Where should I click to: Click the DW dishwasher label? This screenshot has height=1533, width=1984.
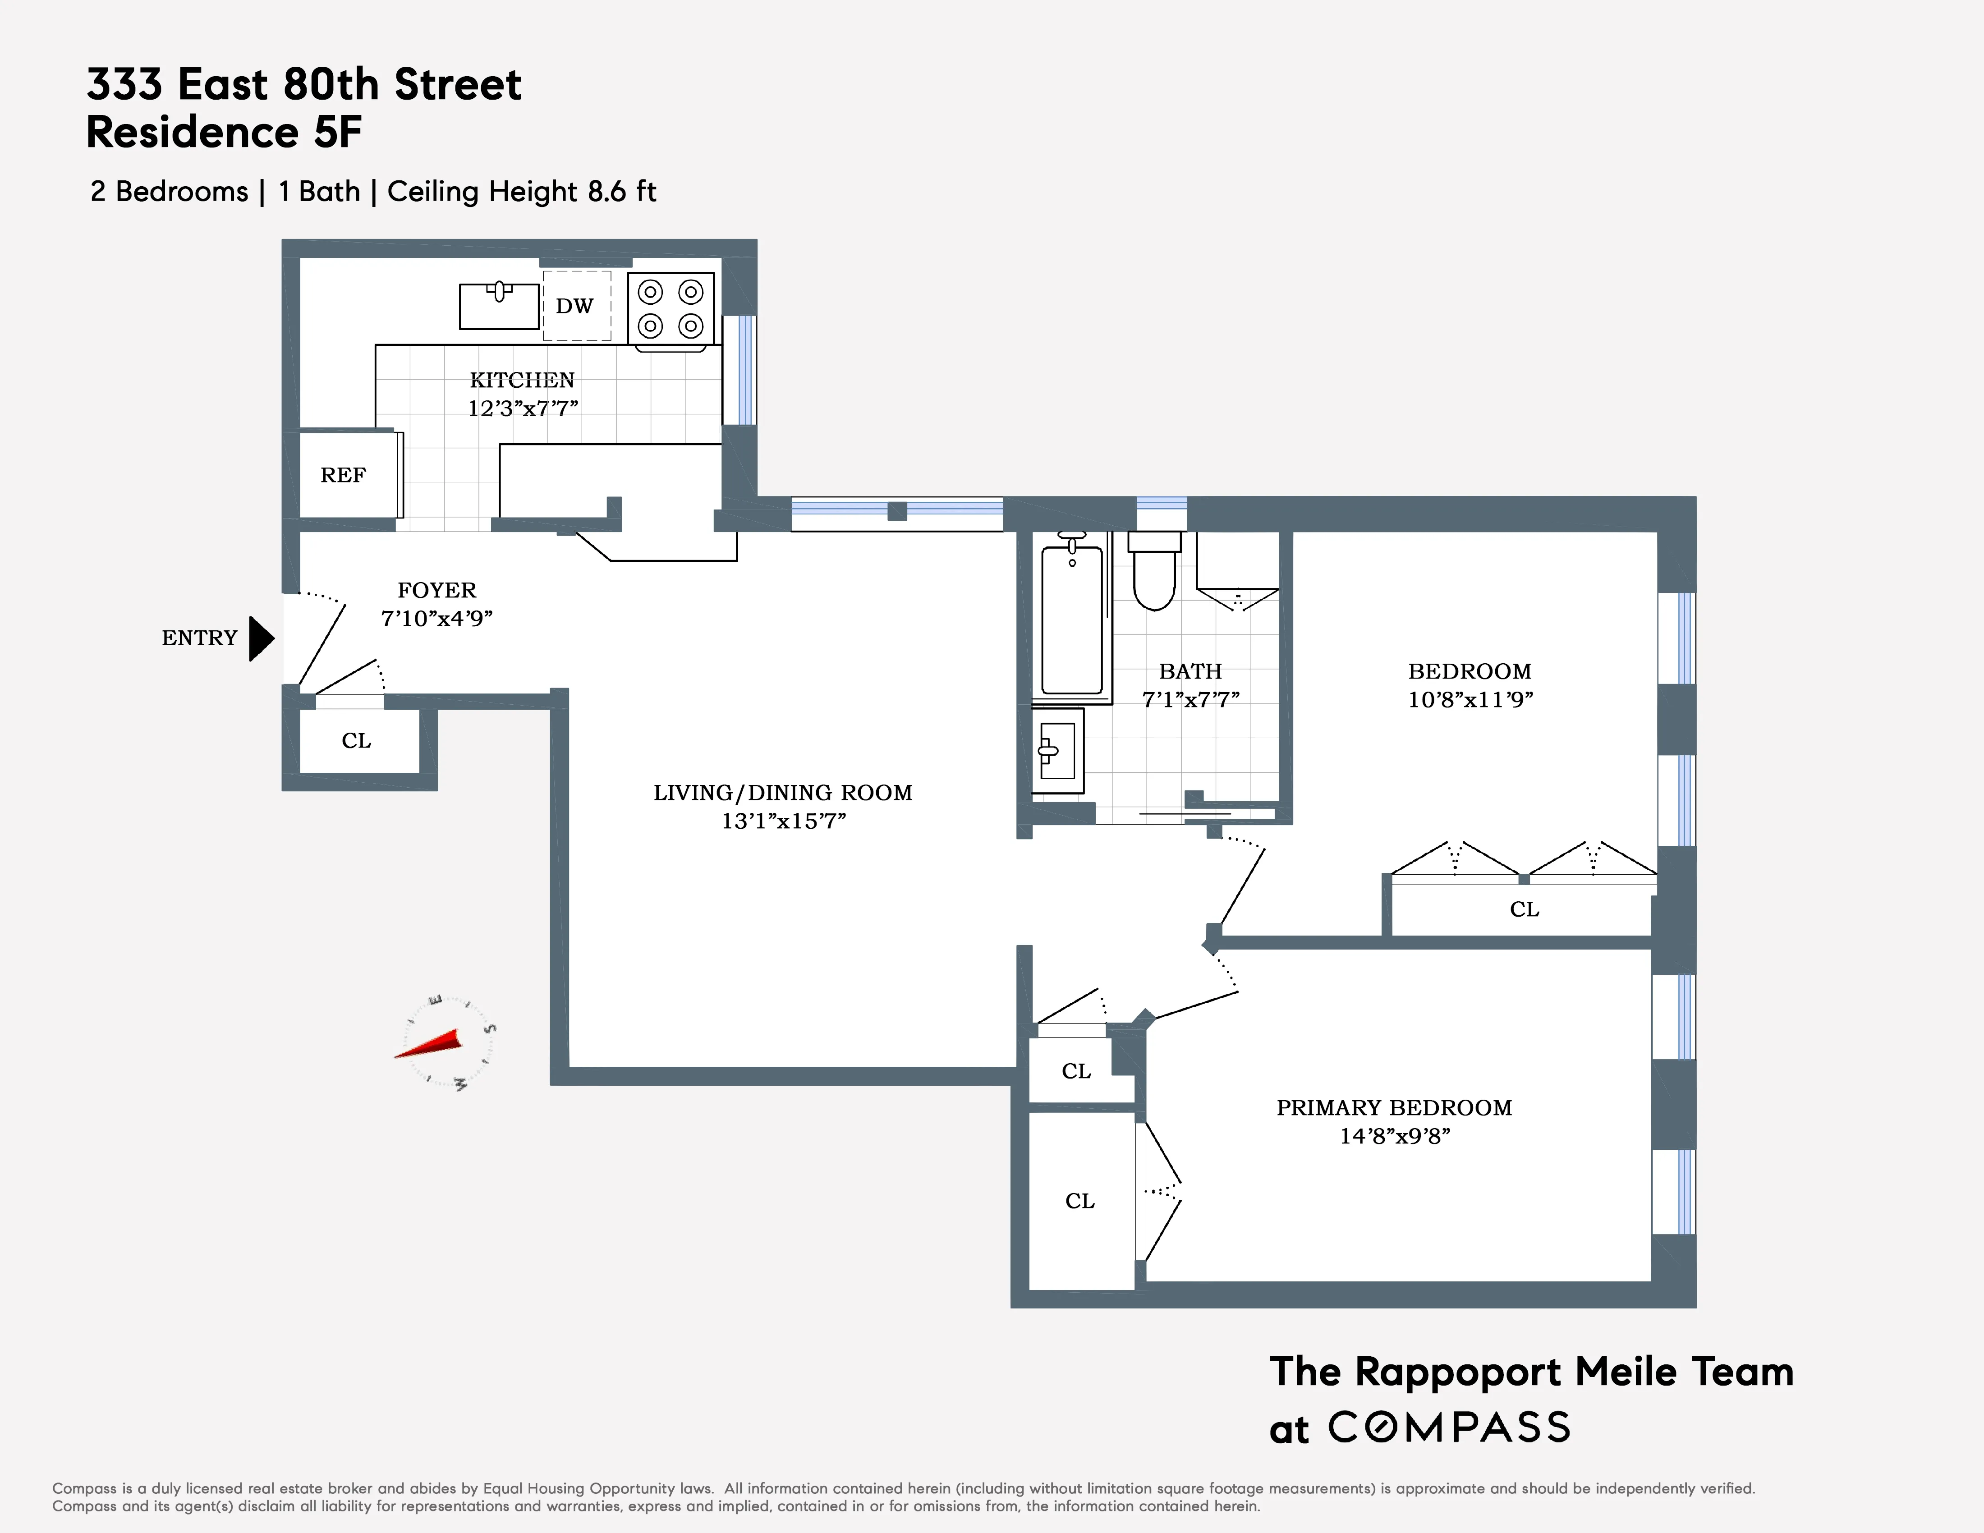[x=574, y=306]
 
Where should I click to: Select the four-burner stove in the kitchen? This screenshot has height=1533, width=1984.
[x=671, y=309]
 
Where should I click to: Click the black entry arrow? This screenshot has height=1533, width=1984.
[x=261, y=638]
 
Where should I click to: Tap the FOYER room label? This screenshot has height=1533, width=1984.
[x=437, y=590]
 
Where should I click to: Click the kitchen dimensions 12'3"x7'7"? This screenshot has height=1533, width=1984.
[x=522, y=408]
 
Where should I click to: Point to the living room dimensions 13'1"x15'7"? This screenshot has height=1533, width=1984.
[x=783, y=821]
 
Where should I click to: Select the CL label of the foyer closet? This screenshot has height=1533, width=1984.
[x=356, y=741]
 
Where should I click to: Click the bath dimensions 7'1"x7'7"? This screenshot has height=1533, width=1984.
[x=1190, y=699]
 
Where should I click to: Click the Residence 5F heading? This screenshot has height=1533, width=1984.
[x=225, y=133]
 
